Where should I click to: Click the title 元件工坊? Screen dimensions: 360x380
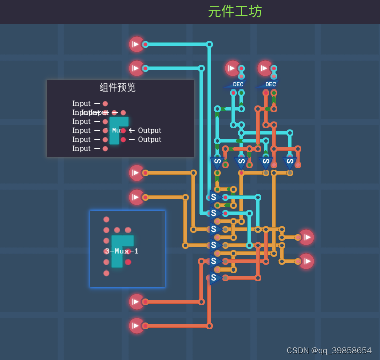tap(235, 11)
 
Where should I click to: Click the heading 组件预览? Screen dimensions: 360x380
tap(117, 87)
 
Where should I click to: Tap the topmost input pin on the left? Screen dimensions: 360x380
tap(136, 44)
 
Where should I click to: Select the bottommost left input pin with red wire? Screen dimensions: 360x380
tap(136, 326)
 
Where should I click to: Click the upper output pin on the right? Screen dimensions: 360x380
tap(306, 237)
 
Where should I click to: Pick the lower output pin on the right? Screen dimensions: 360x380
tap(306, 261)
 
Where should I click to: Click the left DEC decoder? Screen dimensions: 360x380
tap(237, 84)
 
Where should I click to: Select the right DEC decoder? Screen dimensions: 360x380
tap(269, 84)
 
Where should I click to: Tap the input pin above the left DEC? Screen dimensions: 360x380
tap(232, 68)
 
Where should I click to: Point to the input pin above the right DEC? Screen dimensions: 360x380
tap(265, 68)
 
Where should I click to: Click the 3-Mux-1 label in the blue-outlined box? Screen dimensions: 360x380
tap(121, 251)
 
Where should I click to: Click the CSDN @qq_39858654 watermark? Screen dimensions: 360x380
tap(329, 350)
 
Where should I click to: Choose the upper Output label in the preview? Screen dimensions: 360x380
tap(150, 131)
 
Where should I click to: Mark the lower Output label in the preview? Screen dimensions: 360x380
tap(150, 140)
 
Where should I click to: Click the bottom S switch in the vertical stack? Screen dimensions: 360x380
tap(214, 277)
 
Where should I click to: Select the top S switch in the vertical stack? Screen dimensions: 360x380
tap(214, 197)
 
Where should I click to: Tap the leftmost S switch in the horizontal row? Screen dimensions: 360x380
tap(217, 162)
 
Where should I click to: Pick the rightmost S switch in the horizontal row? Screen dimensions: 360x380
tap(289, 162)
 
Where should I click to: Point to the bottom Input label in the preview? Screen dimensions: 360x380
tap(82, 149)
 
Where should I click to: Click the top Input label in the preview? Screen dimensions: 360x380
tap(82, 104)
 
